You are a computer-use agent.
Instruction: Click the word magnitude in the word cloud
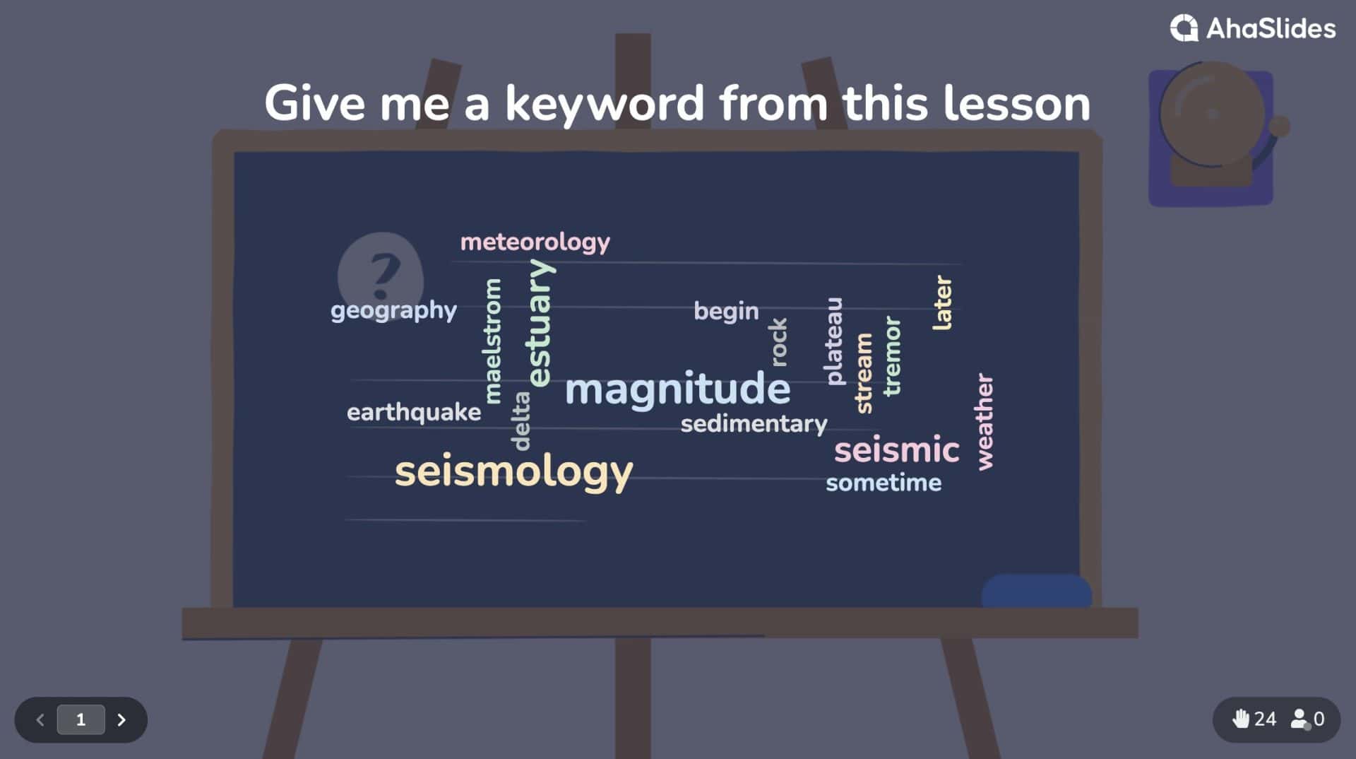coord(677,389)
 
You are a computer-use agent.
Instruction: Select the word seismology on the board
coord(513,471)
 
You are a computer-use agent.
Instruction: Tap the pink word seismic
coord(896,449)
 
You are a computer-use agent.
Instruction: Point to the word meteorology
coord(535,242)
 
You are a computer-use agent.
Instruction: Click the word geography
coord(393,310)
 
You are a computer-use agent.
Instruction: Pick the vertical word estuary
coord(540,322)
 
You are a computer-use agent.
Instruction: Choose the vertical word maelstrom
coord(493,341)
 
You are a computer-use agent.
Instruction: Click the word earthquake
coord(414,412)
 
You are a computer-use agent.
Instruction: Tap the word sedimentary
coord(754,424)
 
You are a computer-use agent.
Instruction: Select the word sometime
coord(884,483)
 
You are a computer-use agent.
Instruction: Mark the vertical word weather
coord(985,422)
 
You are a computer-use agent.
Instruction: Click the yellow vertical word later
coord(943,302)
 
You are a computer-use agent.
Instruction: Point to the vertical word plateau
coord(834,341)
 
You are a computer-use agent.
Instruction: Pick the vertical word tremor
coord(892,355)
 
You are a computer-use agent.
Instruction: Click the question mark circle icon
coord(381,276)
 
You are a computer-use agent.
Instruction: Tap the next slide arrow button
coord(121,719)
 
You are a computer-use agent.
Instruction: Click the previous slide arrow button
coord(40,719)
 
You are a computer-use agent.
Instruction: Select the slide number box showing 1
coord(81,719)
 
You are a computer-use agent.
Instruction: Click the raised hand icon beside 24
coord(1240,719)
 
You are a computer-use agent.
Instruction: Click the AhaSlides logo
coord(1253,28)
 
